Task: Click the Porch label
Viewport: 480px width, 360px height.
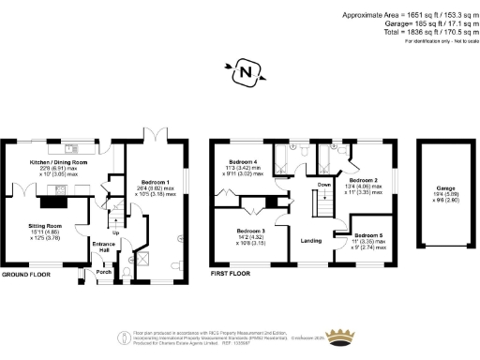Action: (x=102, y=273)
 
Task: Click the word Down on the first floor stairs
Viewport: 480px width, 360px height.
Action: (x=323, y=185)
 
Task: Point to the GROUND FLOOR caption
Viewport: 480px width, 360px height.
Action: (x=27, y=276)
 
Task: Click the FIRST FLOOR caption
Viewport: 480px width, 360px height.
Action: (x=230, y=276)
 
